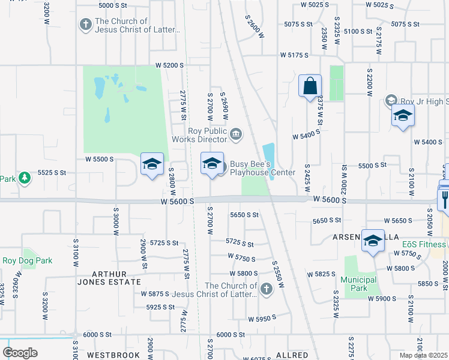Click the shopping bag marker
[x=310, y=86]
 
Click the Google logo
[x=20, y=352]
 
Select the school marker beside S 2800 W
[x=152, y=164]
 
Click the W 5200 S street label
[x=169, y=65]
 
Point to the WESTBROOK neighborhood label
[x=113, y=355]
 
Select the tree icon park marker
[x=24, y=178]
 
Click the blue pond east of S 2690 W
[x=268, y=155]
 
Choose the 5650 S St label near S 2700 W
[x=244, y=215]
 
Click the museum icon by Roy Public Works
[x=236, y=133]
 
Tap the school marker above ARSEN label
[x=373, y=241]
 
